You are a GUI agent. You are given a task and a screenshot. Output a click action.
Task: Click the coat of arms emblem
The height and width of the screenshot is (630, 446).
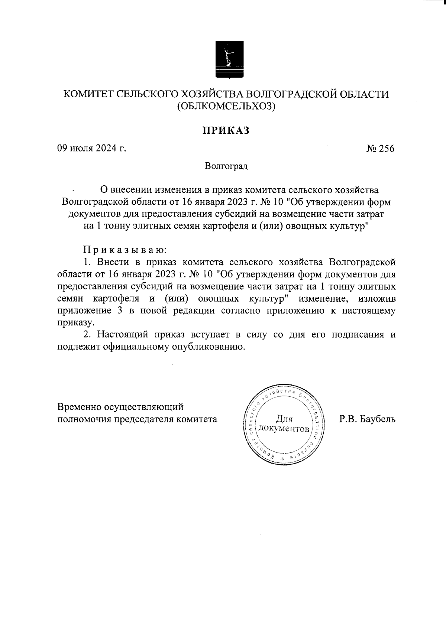point(230,61)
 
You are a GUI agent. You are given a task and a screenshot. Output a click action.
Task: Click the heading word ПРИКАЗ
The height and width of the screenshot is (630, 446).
point(225,130)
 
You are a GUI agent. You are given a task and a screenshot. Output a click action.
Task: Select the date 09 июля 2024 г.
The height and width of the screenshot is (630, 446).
point(91,149)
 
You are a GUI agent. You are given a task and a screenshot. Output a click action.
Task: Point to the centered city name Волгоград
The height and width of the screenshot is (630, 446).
point(226,166)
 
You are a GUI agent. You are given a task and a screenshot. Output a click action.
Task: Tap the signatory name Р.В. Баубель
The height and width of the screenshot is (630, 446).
point(367,419)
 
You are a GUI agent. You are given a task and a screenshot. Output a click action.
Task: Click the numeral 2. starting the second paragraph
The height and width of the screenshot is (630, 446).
point(87,334)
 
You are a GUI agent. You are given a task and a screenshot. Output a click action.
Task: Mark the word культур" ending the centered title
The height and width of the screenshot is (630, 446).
point(349,226)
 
